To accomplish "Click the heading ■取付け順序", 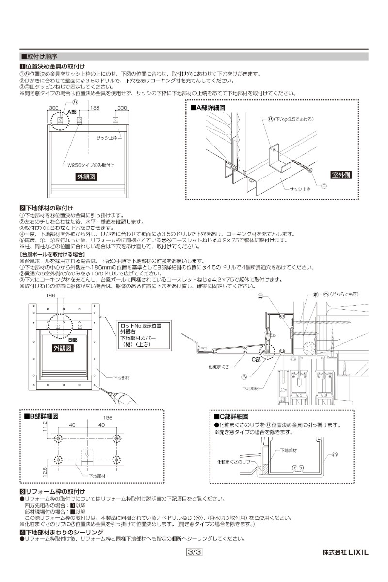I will pyautogui.click(x=40, y=56).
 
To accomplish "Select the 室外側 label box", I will pyautogui.click(x=342, y=175).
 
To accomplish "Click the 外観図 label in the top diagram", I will pyautogui.click(x=87, y=178).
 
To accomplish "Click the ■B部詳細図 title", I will pyautogui.click(x=42, y=416).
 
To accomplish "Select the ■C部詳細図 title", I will pyautogui.click(x=231, y=416).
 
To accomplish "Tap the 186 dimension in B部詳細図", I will pyautogui.click(x=108, y=417).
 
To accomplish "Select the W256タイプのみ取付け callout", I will pyautogui.click(x=91, y=165).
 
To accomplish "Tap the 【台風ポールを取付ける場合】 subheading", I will pyautogui.click(x=52, y=254).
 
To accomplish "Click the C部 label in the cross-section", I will pyautogui.click(x=256, y=359).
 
